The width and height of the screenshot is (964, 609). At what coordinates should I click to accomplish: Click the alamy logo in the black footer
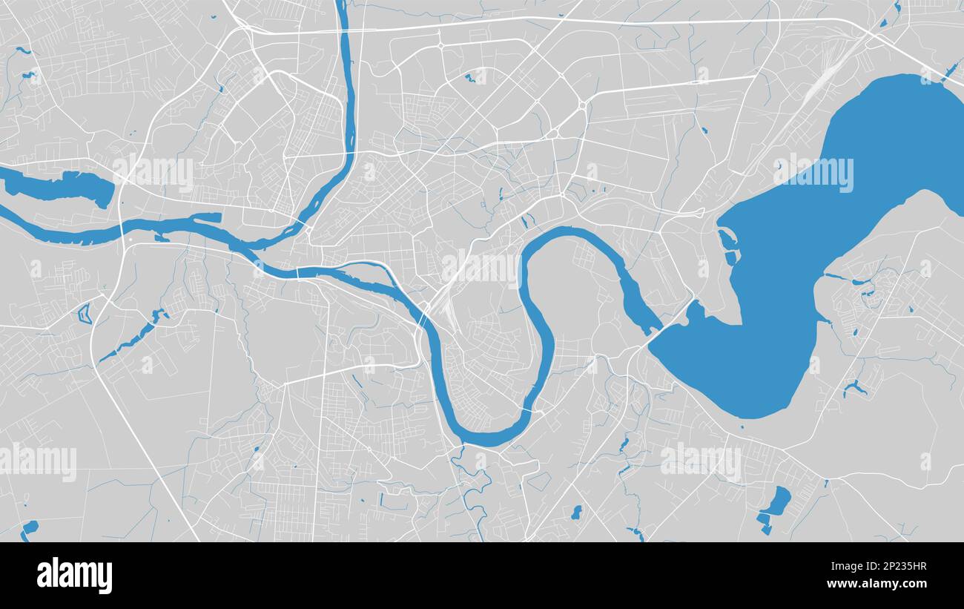(74, 576)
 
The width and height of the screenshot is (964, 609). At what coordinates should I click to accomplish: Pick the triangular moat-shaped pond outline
(84, 313)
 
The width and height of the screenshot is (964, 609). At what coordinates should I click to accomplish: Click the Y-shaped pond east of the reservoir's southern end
(854, 387)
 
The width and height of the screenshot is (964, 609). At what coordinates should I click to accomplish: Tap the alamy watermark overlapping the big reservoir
(813, 173)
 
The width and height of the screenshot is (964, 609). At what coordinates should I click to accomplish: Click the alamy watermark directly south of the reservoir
(700, 461)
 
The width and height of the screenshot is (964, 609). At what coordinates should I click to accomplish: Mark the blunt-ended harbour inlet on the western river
(208, 218)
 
